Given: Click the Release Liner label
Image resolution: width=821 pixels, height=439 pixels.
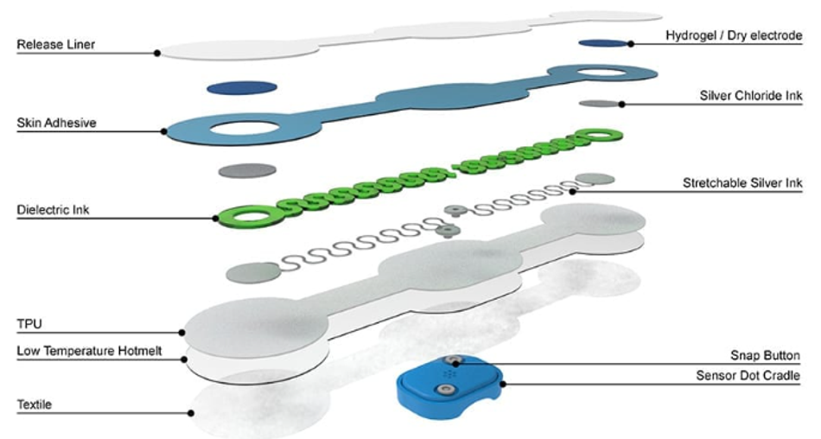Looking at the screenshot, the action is (x=56, y=45).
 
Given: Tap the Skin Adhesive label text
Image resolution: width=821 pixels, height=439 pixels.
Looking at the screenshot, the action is (x=56, y=123).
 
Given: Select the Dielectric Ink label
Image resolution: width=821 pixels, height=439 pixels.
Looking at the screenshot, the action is (x=53, y=210).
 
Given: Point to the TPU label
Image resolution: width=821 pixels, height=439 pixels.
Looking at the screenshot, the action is (x=29, y=324).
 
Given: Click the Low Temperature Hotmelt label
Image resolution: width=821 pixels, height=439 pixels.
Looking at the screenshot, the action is (x=90, y=351).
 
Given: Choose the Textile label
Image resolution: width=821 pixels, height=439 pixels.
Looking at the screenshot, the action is (x=34, y=404).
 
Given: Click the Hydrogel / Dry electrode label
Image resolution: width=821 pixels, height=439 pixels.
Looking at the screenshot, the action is (x=734, y=35).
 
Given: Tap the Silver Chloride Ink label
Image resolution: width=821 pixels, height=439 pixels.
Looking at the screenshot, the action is (x=751, y=96).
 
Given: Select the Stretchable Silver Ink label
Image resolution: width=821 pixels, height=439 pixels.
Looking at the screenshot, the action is (x=742, y=183).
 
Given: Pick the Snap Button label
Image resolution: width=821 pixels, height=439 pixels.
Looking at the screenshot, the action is (x=765, y=356).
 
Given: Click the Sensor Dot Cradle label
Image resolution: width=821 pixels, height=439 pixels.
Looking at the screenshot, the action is (x=748, y=376).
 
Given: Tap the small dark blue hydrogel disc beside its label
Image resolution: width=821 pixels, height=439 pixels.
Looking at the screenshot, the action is (x=603, y=43).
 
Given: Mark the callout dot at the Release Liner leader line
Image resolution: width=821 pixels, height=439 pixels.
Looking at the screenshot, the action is (x=157, y=53).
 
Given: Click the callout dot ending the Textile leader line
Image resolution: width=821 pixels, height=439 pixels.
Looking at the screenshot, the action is (x=191, y=413).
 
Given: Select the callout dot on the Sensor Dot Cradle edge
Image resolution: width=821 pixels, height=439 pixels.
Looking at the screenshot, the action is (x=503, y=384).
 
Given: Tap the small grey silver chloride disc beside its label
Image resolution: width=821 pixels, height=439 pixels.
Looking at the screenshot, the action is (x=600, y=104).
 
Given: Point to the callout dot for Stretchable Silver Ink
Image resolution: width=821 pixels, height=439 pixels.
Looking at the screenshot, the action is (x=573, y=192).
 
